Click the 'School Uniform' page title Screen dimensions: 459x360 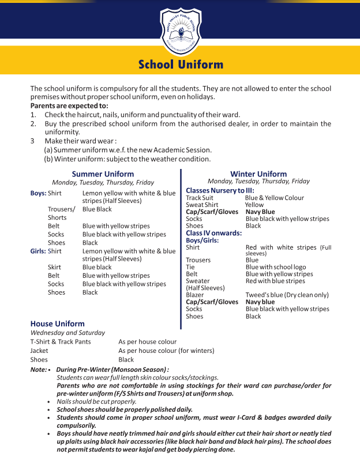point(181,65)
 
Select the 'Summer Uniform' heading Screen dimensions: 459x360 point(103,174)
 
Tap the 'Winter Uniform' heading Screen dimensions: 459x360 point(258,174)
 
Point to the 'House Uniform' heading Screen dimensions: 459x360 point(57,323)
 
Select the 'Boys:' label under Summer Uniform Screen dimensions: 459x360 point(38,193)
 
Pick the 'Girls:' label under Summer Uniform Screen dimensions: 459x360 point(38,251)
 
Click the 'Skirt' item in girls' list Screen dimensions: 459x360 point(55,268)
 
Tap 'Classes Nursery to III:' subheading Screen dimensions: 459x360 point(220,190)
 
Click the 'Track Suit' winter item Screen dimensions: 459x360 point(199,198)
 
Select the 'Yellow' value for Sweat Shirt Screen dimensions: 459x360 point(254,205)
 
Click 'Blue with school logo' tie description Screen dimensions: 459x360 point(276,268)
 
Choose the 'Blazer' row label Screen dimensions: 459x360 point(194,295)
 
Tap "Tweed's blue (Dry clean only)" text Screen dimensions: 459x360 point(287,295)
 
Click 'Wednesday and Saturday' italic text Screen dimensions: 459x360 point(67,333)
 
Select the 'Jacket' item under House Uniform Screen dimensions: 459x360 point(39,351)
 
